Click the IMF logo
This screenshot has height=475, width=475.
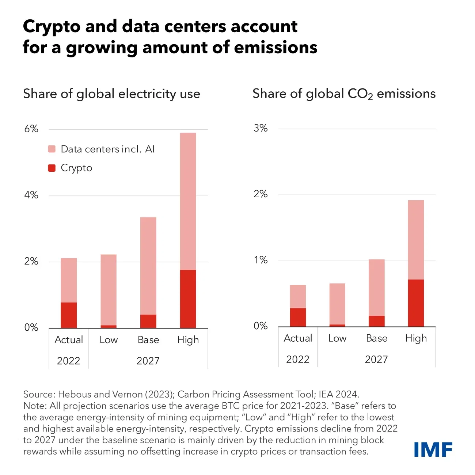click(x=433, y=449)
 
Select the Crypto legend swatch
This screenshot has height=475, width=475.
click(x=52, y=168)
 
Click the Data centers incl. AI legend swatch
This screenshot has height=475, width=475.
click(x=52, y=149)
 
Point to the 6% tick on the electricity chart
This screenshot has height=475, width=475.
click(x=31, y=129)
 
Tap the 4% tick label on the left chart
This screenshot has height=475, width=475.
click(x=31, y=195)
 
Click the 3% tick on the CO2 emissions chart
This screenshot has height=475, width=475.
click(x=261, y=128)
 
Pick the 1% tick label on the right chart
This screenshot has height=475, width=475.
click(x=261, y=260)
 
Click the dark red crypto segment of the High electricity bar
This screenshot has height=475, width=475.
click(x=188, y=299)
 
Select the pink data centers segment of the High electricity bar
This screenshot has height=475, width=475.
click(x=188, y=201)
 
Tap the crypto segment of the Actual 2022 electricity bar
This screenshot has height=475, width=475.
click(x=69, y=315)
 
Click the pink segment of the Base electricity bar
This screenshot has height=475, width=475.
click(x=148, y=266)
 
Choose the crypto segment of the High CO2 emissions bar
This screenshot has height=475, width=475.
click(x=416, y=303)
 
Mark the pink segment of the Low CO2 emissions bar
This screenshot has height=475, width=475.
click(x=337, y=304)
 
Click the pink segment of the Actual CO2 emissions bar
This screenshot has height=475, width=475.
click(x=298, y=296)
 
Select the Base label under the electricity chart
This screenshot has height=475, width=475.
click(x=148, y=340)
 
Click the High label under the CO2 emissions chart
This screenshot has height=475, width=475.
click(x=416, y=338)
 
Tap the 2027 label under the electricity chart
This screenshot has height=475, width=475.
click(x=148, y=361)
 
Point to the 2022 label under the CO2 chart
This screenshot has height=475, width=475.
click(x=298, y=360)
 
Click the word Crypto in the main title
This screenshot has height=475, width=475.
click(x=51, y=27)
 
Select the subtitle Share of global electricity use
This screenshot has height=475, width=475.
click(x=111, y=94)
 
